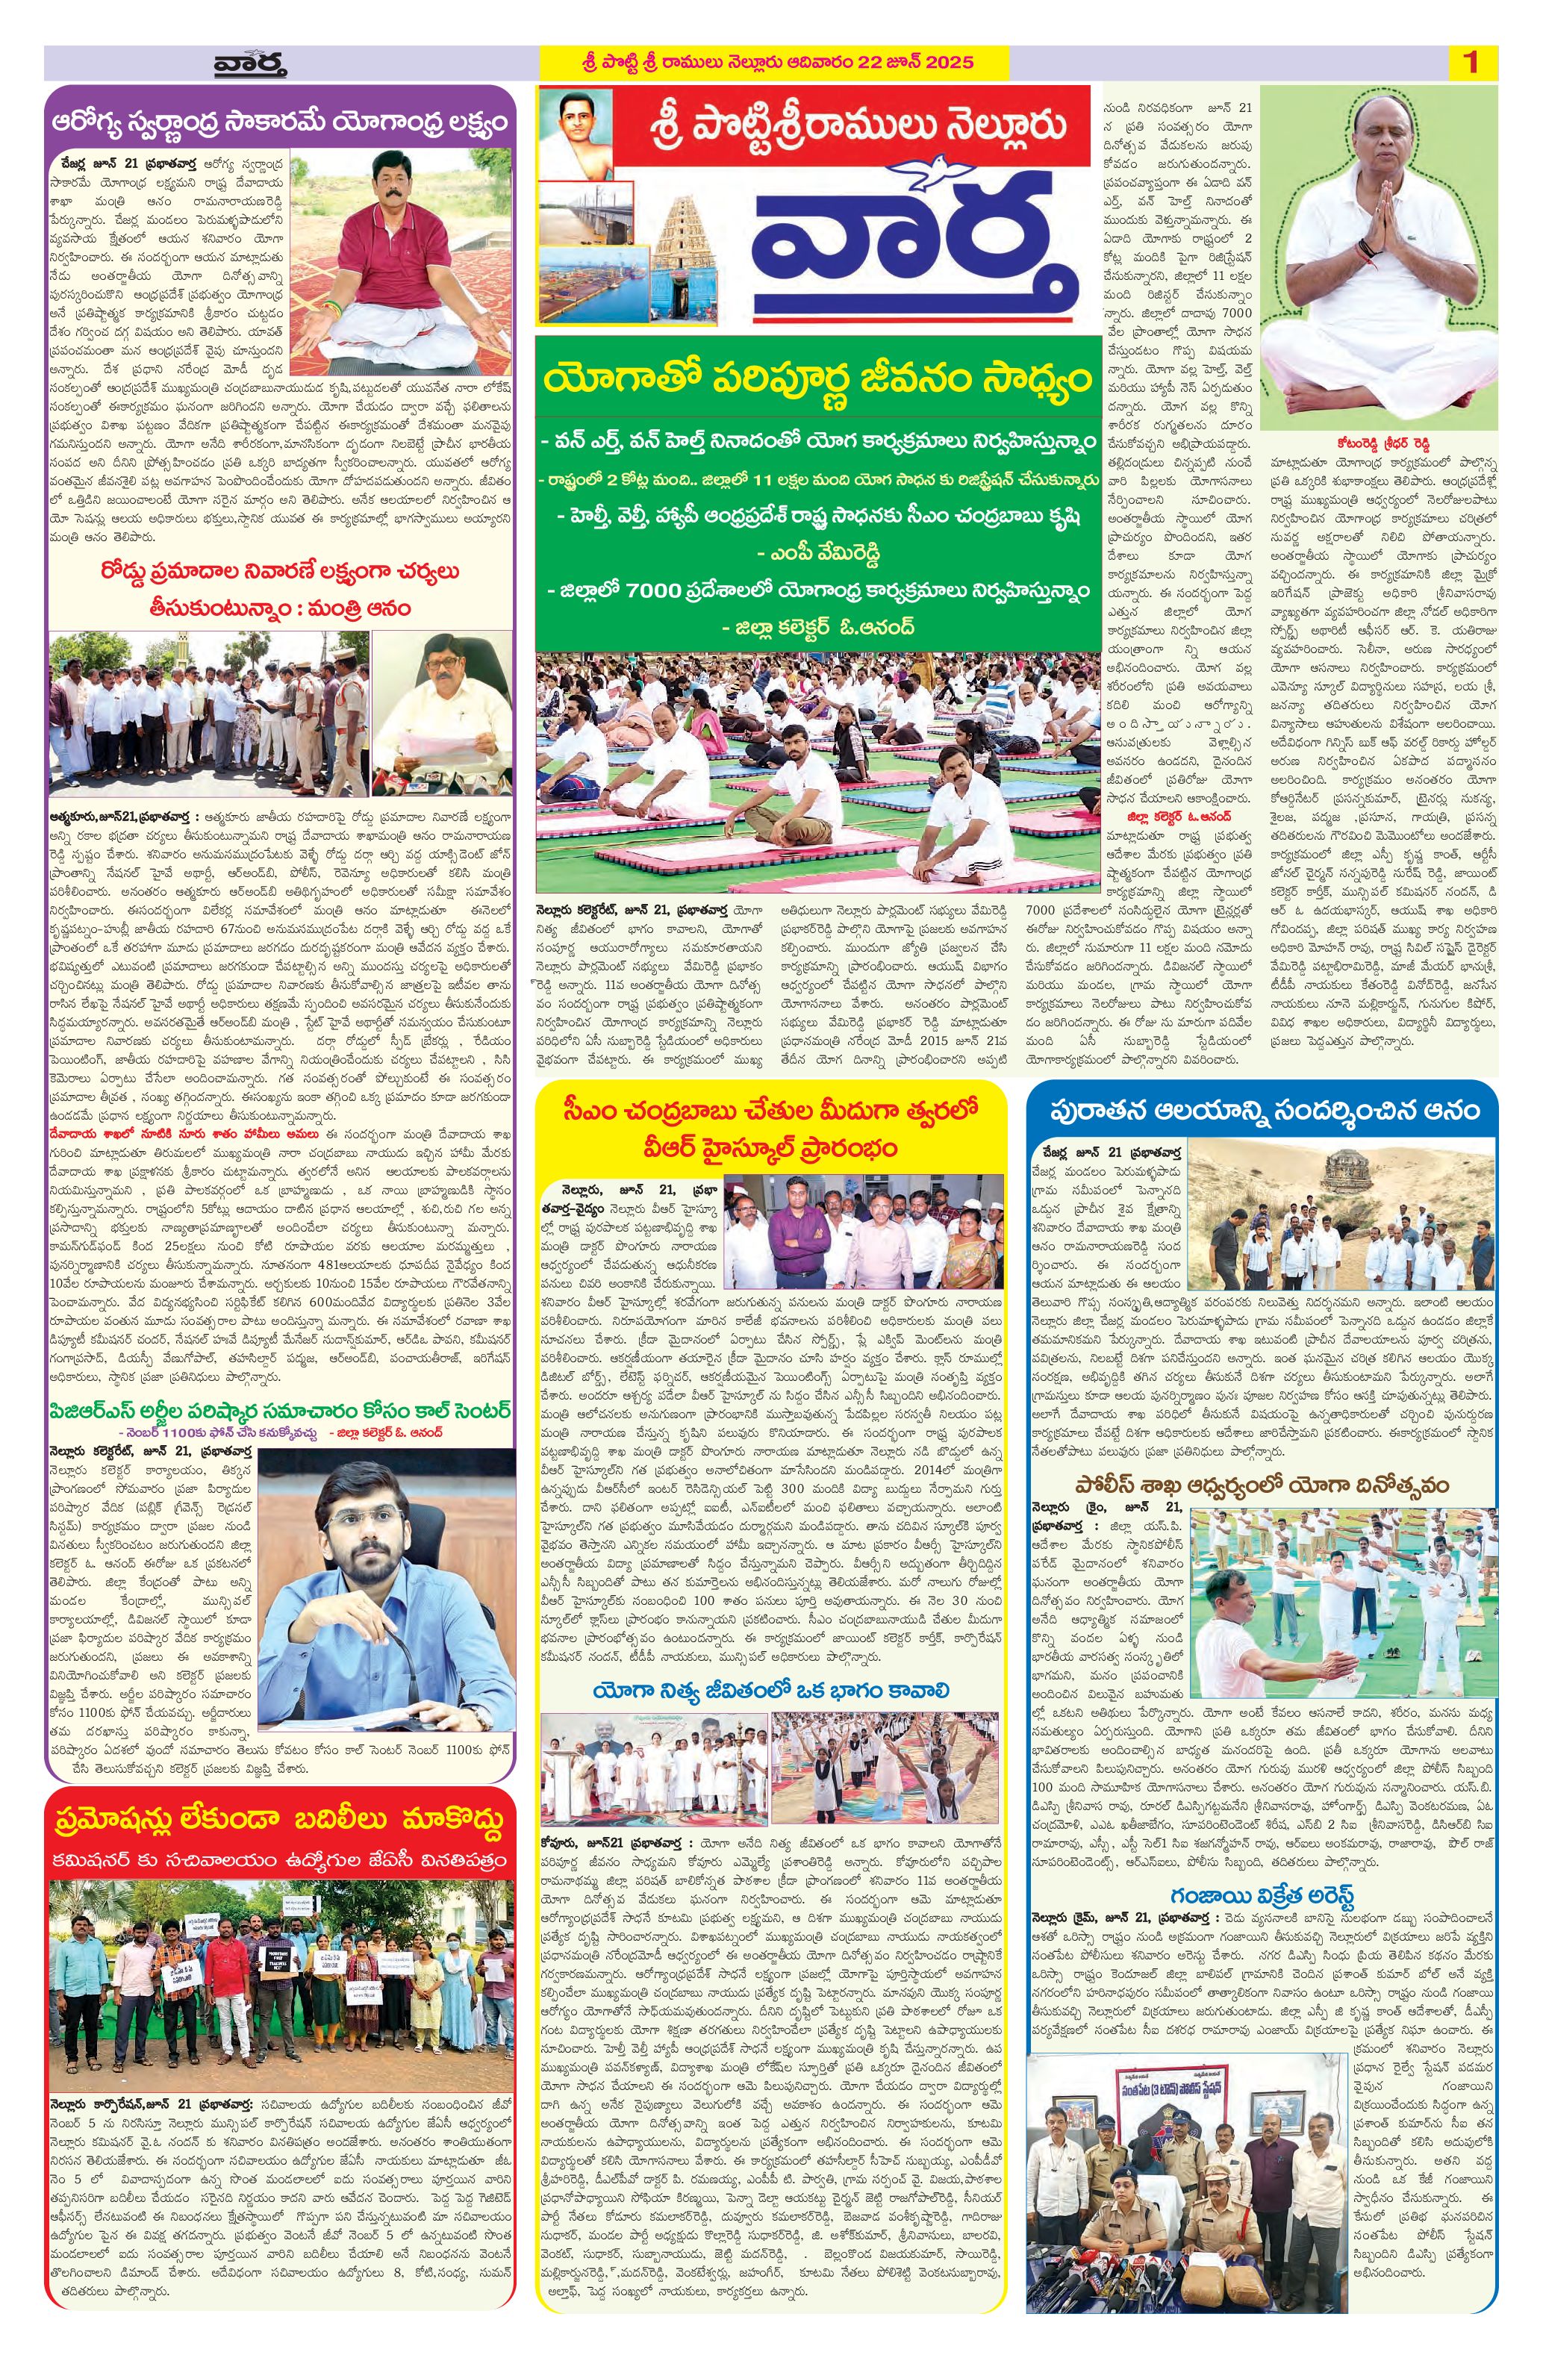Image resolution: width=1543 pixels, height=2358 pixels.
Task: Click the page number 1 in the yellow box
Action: coord(1471,63)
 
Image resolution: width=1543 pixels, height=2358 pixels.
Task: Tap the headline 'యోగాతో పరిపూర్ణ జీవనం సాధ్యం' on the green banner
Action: coord(817,378)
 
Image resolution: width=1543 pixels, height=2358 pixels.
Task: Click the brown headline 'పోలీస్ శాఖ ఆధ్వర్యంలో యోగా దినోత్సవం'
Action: coord(1262,1485)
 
